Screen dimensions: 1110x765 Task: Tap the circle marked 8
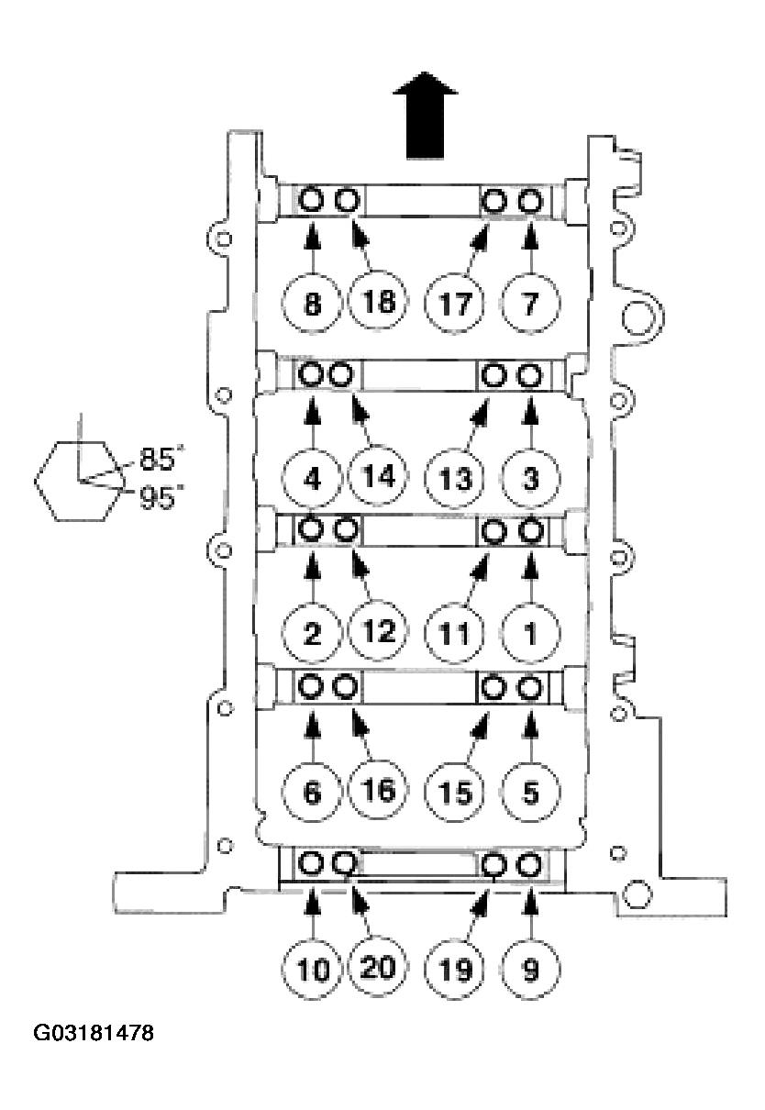coord(312,304)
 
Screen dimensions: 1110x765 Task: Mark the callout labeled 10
coord(312,969)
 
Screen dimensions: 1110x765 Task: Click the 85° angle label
coord(161,457)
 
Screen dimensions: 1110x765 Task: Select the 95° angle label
coord(161,500)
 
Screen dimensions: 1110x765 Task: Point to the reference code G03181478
coord(93,1034)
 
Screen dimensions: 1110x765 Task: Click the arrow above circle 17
coord(478,243)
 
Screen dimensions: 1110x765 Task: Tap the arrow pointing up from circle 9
coord(530,914)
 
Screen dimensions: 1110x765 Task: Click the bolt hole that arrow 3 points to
coord(528,374)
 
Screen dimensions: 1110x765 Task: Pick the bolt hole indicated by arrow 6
coord(311,687)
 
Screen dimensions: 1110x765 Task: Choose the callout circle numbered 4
coord(312,477)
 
